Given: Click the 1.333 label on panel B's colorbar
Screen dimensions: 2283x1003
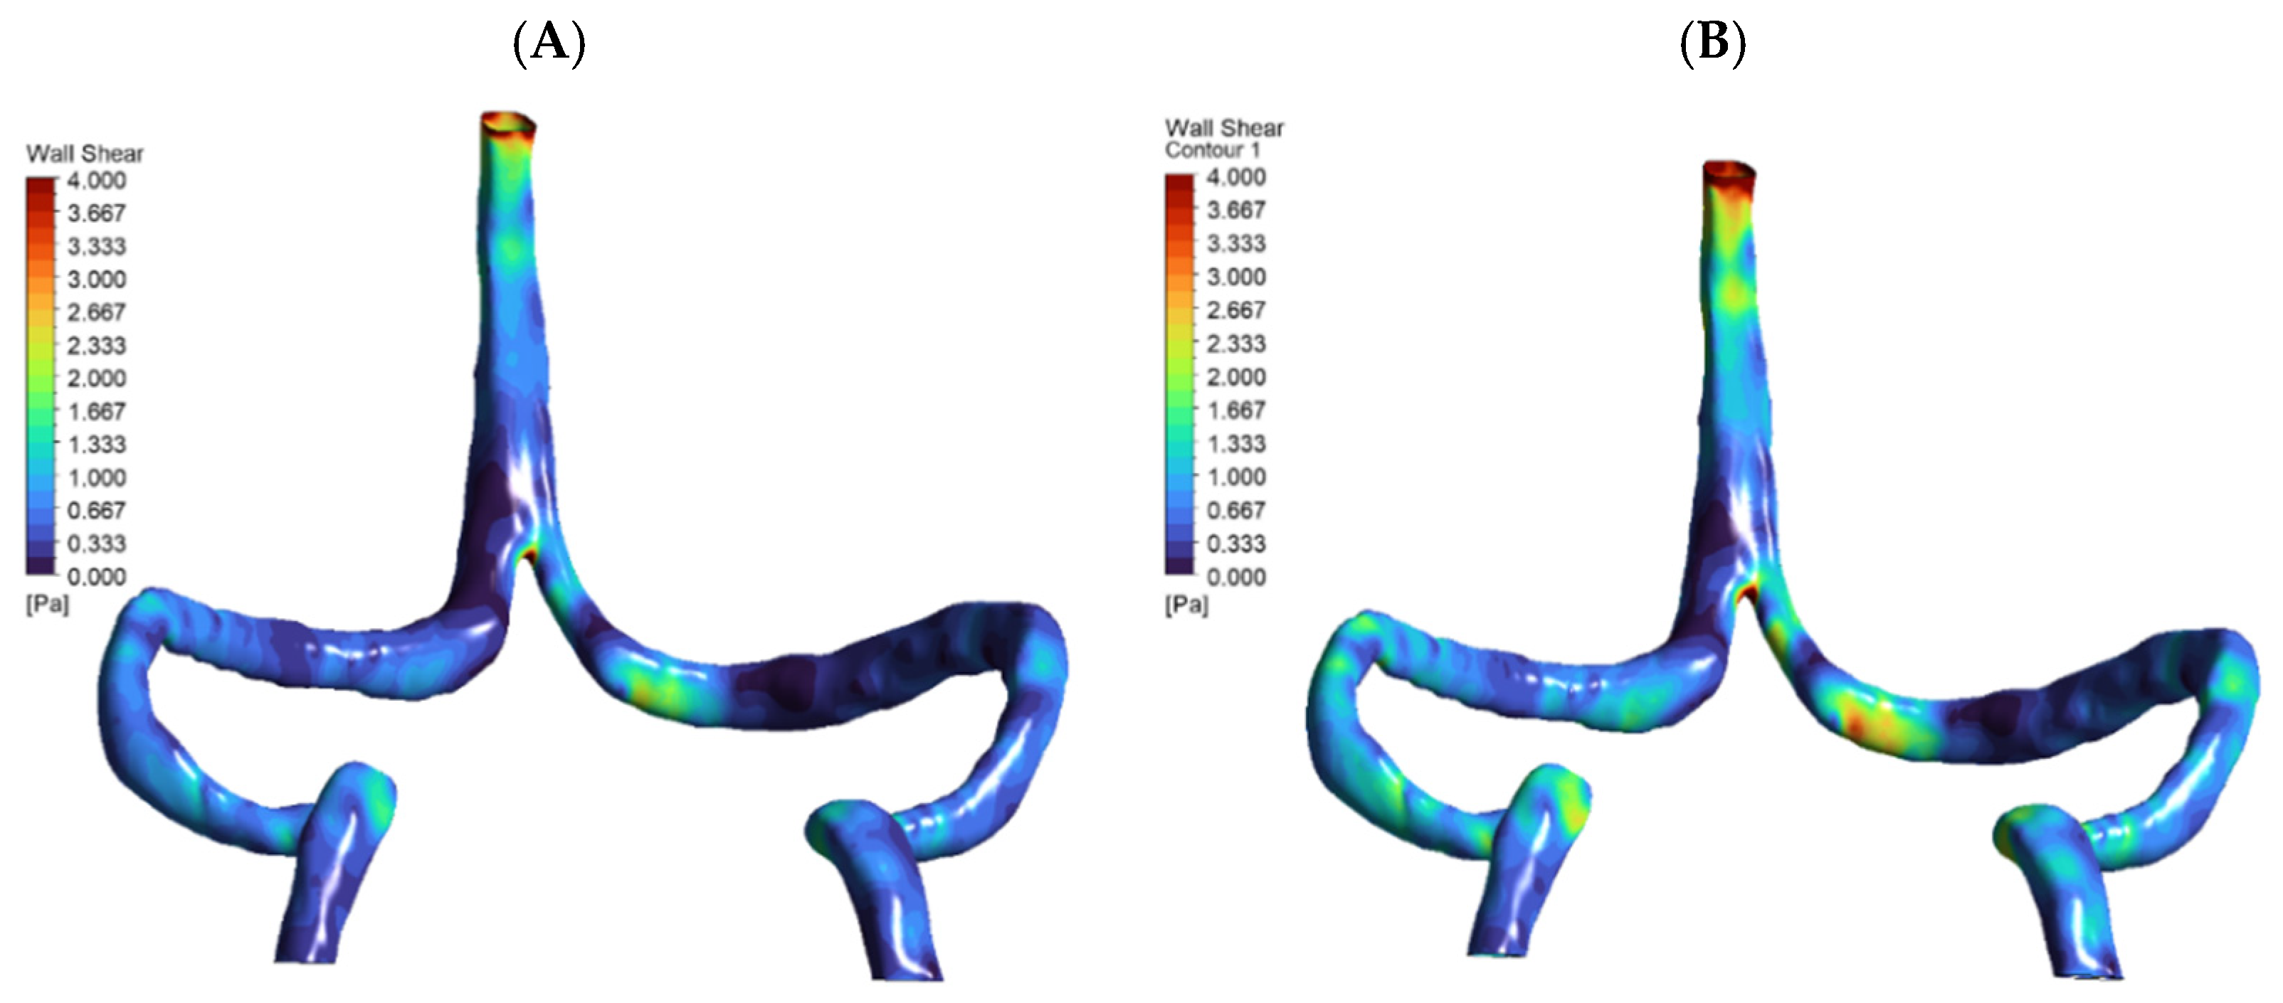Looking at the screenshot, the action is pyautogui.click(x=1236, y=443).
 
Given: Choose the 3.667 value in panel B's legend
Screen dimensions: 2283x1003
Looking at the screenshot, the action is pyautogui.click(x=1236, y=210).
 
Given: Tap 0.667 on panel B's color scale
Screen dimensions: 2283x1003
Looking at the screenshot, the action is pyautogui.click(x=1236, y=509).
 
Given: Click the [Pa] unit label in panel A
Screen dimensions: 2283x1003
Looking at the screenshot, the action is pyautogui.click(x=47, y=604).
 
